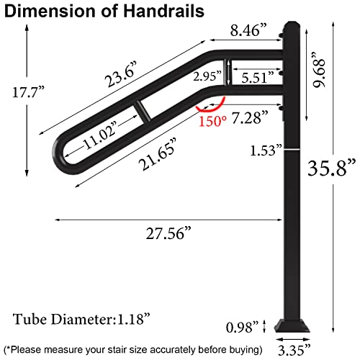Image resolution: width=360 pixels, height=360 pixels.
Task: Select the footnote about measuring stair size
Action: coord(132,349)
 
